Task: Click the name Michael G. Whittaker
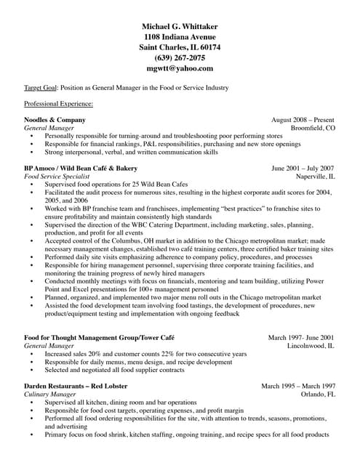tap(180, 26)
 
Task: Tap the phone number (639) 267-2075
tap(180, 57)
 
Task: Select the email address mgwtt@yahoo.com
tap(180, 68)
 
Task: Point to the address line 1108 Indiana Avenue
tap(180, 36)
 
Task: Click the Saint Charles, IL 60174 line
tap(180, 46)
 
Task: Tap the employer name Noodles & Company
tap(53, 119)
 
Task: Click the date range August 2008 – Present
tap(303, 119)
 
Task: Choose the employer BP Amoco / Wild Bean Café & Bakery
tap(81, 168)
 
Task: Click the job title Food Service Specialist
tap(55, 176)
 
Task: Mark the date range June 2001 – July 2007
tap(303, 168)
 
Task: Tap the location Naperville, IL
tap(315, 176)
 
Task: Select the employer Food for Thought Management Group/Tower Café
tap(99, 338)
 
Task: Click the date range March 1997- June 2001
tap(301, 338)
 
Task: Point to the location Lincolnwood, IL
tap(311, 346)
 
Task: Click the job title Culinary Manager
tap(50, 394)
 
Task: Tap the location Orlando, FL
tap(318, 394)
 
